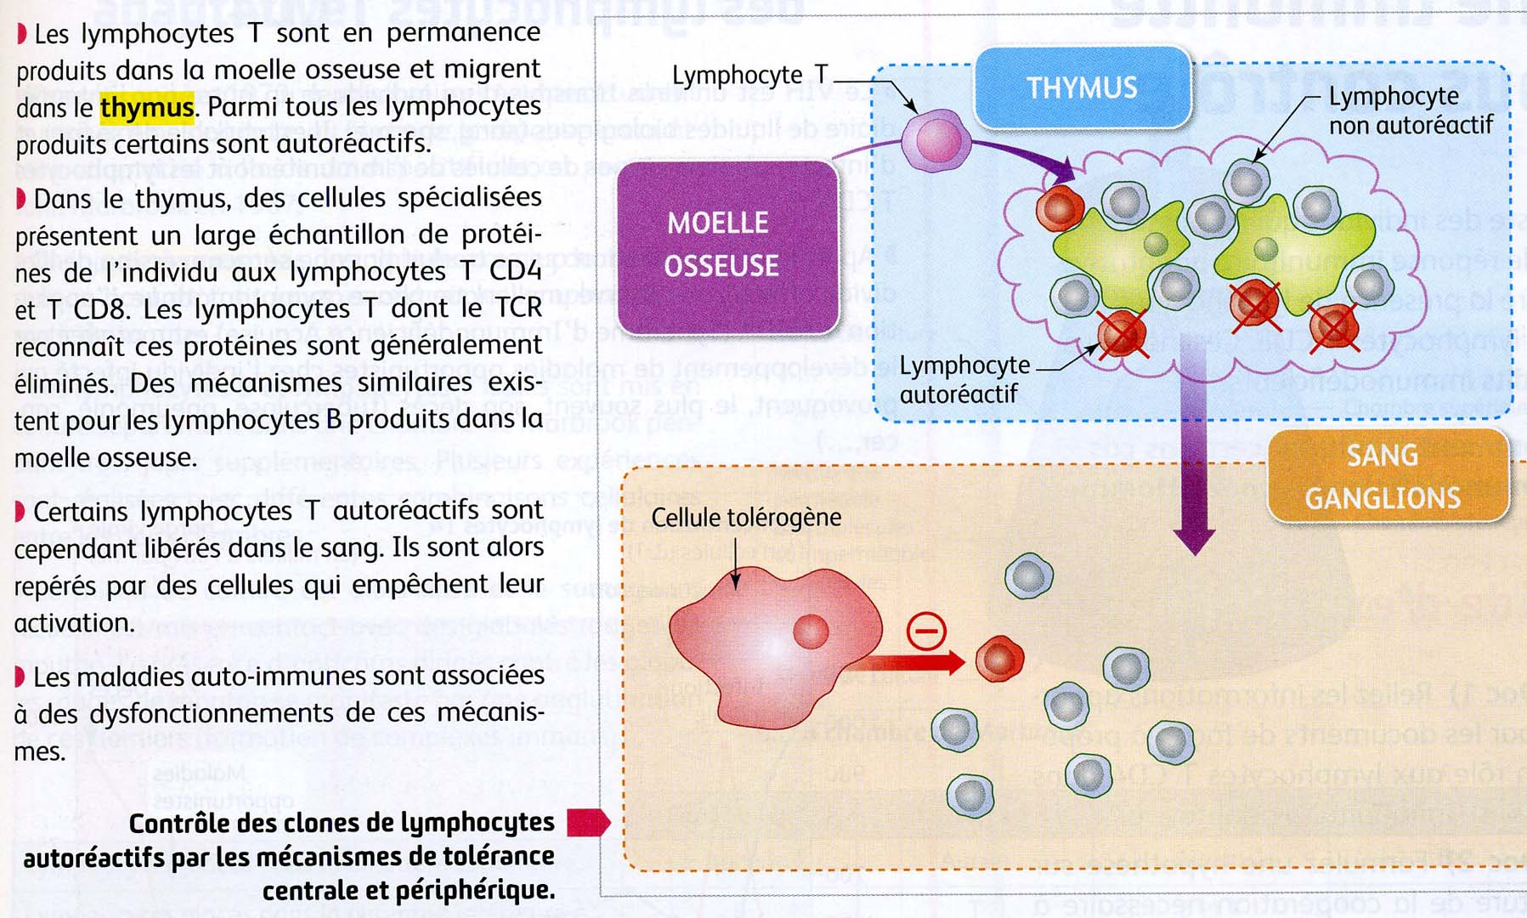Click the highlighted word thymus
tap(147, 108)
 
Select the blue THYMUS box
tap(1082, 88)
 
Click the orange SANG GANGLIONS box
tap(1385, 477)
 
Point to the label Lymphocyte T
tap(749, 76)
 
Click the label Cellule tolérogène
tap(745, 518)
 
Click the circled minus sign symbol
tap(926, 632)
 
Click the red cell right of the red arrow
tap(998, 659)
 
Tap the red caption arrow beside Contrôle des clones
tap(588, 822)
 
